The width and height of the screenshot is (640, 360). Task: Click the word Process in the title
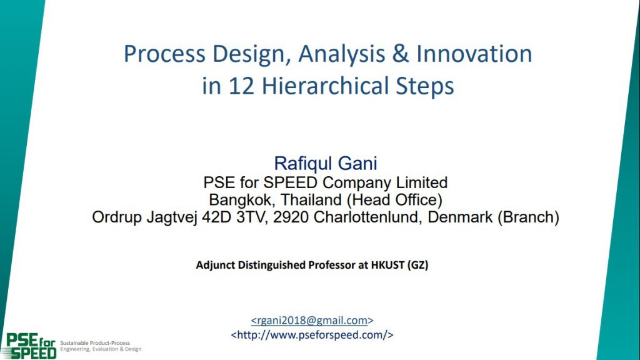pyautogui.click(x=164, y=54)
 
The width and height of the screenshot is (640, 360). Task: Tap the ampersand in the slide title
pyautogui.click(x=401, y=54)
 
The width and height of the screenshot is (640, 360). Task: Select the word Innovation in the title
pyautogui.click(x=474, y=54)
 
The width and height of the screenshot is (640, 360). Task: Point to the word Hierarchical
pyautogui.click(x=325, y=86)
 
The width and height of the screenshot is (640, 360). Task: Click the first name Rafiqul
pyautogui.click(x=302, y=163)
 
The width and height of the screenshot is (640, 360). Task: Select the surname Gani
pyautogui.click(x=357, y=163)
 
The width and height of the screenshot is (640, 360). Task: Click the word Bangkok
pyautogui.click(x=242, y=200)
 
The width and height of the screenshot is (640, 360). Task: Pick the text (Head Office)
pyautogui.click(x=395, y=200)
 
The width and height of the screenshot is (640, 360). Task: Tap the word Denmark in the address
pyautogui.click(x=460, y=217)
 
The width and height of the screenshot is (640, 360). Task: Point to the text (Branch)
pyautogui.click(x=528, y=217)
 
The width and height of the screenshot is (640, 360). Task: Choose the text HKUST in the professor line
pyautogui.click(x=387, y=265)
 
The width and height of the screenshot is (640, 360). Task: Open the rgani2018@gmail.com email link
pyautogui.click(x=312, y=321)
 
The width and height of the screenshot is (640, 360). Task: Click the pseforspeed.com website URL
pyautogui.click(x=312, y=335)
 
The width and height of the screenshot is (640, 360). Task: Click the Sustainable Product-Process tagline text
pyautogui.click(x=95, y=343)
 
